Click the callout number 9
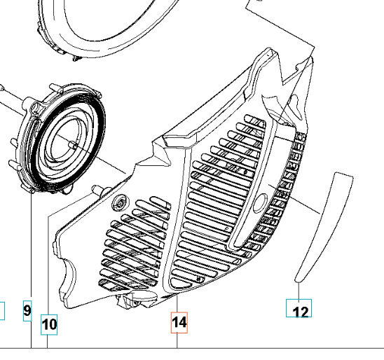point(27,311)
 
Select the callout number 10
point(49,324)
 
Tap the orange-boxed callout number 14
point(179,323)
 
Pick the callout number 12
point(299,308)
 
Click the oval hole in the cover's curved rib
point(260,203)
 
